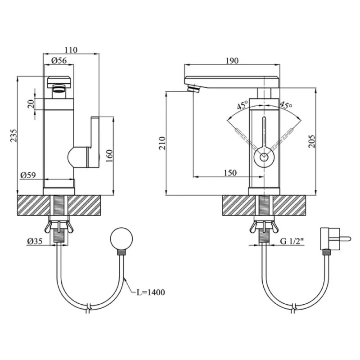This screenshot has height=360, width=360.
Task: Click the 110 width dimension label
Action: pyautogui.click(x=71, y=50)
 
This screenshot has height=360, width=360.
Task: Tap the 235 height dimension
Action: pyautogui.click(x=14, y=135)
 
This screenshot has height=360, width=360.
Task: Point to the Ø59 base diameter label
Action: pyautogui.click(x=28, y=175)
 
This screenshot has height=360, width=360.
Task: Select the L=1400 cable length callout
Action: pyautogui.click(x=151, y=292)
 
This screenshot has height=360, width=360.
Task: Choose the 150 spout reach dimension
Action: pyautogui.click(x=230, y=173)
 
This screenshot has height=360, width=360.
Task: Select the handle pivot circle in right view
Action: pyautogui.click(x=264, y=157)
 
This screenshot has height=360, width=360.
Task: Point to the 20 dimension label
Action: pyautogui.click(x=31, y=104)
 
